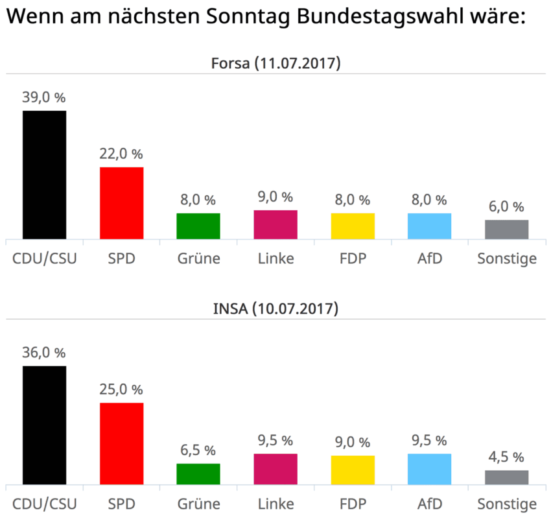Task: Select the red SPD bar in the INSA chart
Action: click(121, 444)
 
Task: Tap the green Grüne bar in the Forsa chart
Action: click(198, 226)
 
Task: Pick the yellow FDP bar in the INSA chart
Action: click(353, 470)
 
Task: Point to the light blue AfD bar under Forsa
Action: click(429, 226)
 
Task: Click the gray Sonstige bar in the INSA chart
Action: click(506, 477)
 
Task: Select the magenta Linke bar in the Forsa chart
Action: click(275, 224)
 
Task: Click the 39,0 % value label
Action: click(44, 97)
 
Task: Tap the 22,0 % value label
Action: click(121, 154)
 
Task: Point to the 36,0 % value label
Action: click(44, 353)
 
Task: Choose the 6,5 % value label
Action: click(198, 450)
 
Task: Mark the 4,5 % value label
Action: click(506, 457)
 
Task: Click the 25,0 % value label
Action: click(121, 390)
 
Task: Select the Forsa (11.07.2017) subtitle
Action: click(276, 64)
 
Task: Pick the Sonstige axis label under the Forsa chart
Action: click(506, 259)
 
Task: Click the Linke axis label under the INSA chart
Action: click(275, 504)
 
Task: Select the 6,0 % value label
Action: click(506, 207)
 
